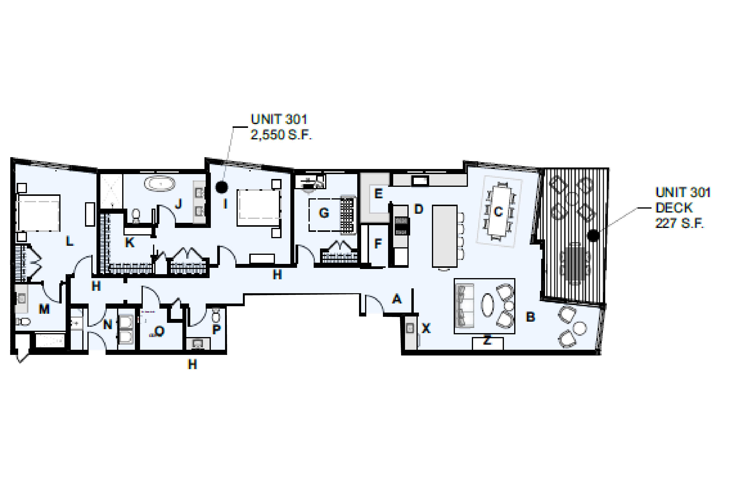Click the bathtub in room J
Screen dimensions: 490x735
pyautogui.click(x=160, y=184)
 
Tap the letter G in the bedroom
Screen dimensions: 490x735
pyautogui.click(x=324, y=213)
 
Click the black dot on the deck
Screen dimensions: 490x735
pyautogui.click(x=593, y=235)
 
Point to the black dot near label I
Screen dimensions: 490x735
pyautogui.click(x=222, y=187)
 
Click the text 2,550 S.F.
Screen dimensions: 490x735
pyautogui.click(x=281, y=135)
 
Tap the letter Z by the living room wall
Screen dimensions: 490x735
pyautogui.click(x=487, y=340)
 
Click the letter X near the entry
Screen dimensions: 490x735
pyautogui.click(x=426, y=328)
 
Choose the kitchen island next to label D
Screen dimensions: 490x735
pyautogui.click(x=445, y=236)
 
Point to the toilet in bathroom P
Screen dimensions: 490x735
pyautogui.click(x=216, y=316)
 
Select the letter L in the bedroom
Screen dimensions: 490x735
pyautogui.click(x=69, y=241)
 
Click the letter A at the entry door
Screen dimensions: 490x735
pyautogui.click(x=397, y=299)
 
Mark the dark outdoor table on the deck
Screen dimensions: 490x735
pyautogui.click(x=575, y=263)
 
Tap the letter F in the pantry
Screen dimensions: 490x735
pyautogui.click(x=378, y=243)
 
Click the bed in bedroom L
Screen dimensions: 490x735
pyautogui.click(x=38, y=213)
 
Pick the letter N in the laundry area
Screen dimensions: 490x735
pyautogui.click(x=108, y=325)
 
